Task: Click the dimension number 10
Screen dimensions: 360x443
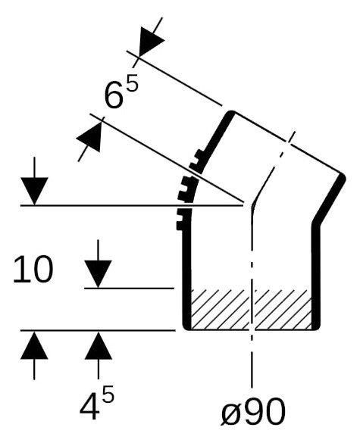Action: point(33,269)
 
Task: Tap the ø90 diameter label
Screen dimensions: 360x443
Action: point(252,411)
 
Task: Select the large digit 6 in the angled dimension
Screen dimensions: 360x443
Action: point(114,95)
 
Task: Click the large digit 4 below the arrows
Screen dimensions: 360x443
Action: point(89,407)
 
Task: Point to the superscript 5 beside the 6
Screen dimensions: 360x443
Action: point(133,83)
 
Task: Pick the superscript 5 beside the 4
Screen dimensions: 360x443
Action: point(108,395)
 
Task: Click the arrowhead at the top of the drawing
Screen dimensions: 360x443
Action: point(151,42)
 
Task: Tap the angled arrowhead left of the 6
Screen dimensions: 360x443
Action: point(90,137)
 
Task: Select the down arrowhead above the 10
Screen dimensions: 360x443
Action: point(34,191)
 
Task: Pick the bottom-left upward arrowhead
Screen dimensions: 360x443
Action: point(34,345)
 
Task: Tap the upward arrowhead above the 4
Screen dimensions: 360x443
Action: point(98,345)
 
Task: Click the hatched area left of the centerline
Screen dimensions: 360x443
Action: point(220,310)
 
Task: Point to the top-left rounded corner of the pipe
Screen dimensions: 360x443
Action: point(231,114)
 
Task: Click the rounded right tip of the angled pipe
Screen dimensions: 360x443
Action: point(342,177)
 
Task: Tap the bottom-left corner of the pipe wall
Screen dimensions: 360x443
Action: point(186,327)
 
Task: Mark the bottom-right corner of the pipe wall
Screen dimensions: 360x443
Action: point(318,327)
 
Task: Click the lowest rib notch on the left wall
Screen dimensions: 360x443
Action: point(180,226)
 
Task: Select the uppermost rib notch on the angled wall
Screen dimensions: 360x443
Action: point(200,154)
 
